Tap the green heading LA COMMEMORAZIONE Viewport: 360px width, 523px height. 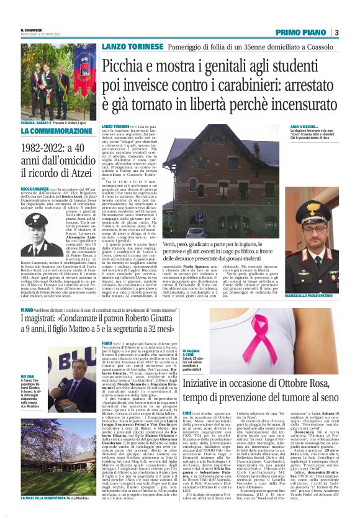[47, 132]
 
